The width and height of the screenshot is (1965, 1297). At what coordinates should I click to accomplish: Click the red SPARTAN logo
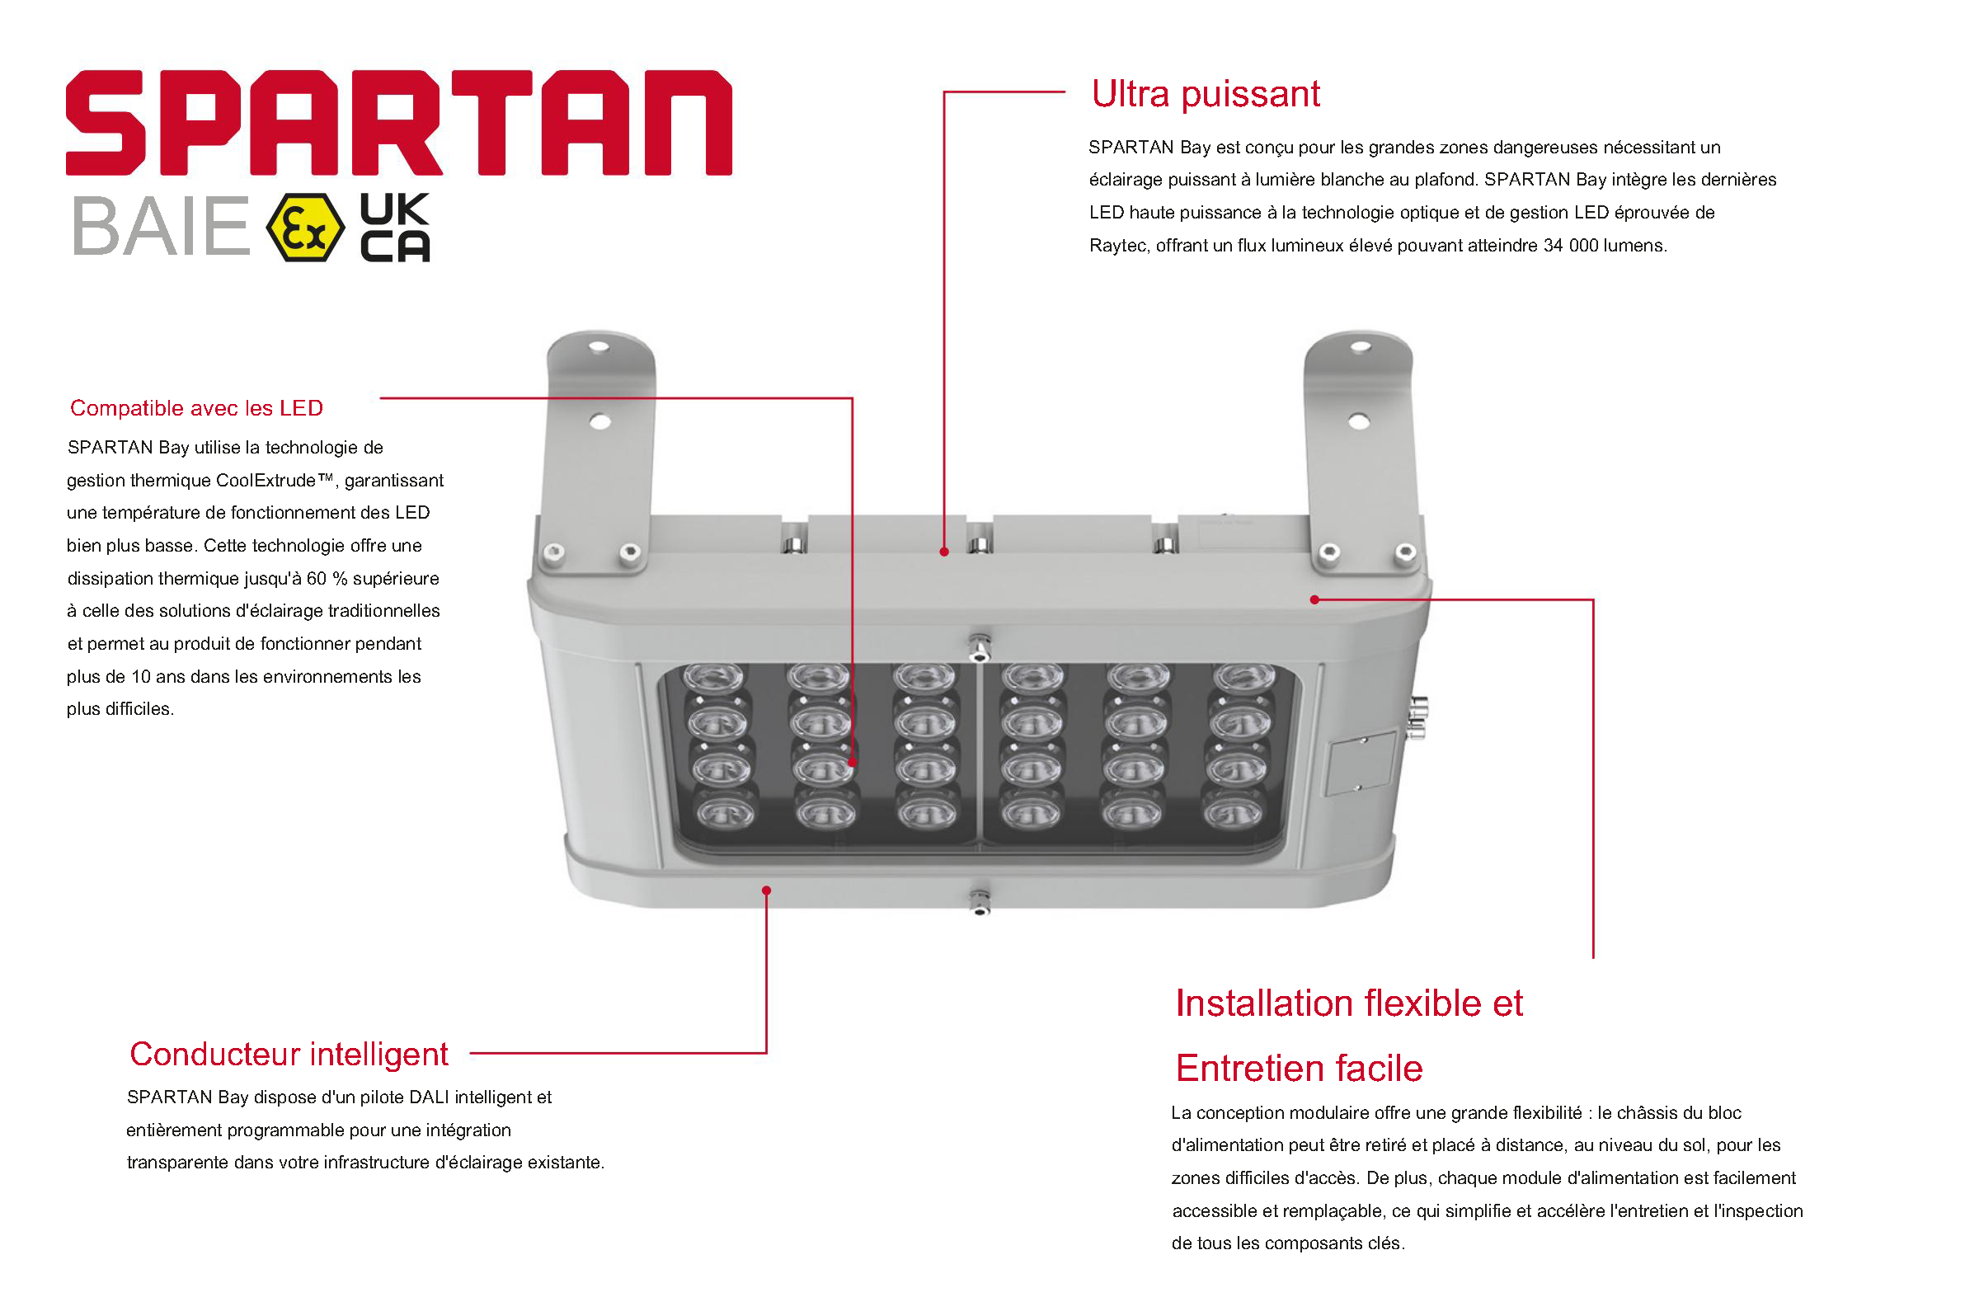coord(398,122)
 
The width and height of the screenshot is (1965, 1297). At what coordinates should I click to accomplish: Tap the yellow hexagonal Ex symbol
coord(305,228)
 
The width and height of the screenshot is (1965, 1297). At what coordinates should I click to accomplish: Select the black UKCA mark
coord(395,228)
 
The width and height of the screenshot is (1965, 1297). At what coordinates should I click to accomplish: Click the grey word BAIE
coord(162,226)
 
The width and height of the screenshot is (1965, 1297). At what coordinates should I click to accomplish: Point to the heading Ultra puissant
coord(1205,94)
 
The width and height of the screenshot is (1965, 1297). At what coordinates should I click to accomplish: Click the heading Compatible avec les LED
coord(196,408)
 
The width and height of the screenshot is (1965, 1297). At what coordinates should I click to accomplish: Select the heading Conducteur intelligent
coord(289,1054)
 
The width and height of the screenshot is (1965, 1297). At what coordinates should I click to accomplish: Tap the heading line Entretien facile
coord(1299,1068)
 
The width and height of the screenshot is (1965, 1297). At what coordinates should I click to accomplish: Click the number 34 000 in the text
coord(1570,246)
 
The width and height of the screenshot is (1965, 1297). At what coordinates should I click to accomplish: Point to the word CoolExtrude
coord(266,481)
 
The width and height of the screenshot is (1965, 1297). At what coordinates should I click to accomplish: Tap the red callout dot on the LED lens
coord(852,763)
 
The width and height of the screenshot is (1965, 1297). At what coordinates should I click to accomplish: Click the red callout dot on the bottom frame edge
coord(767,890)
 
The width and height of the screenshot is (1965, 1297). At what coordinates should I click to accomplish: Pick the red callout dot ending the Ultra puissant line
coord(943,552)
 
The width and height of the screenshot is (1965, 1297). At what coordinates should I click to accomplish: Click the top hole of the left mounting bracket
coord(599,347)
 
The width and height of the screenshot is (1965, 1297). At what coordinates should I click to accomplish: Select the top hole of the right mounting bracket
coord(1361,347)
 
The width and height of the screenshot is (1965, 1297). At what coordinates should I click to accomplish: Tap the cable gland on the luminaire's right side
coord(1417,717)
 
